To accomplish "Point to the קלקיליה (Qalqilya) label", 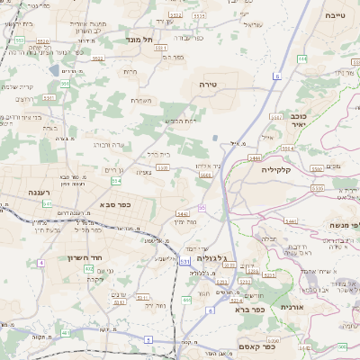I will [276, 169].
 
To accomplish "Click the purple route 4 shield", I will [40, 263].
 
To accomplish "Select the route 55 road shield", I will [202, 208].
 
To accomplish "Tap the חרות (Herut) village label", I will [130, 70].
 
